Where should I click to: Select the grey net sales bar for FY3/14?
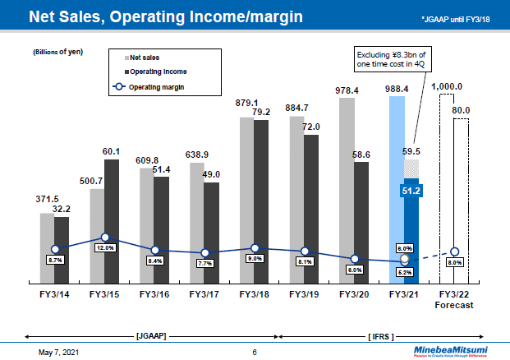pyautogui.click(x=48, y=247)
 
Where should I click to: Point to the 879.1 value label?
pyautogui.click(x=246, y=103)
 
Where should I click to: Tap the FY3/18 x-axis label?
pyautogui.click(x=255, y=293)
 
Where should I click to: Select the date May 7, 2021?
pyautogui.click(x=61, y=352)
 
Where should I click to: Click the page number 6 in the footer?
pyautogui.click(x=255, y=352)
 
